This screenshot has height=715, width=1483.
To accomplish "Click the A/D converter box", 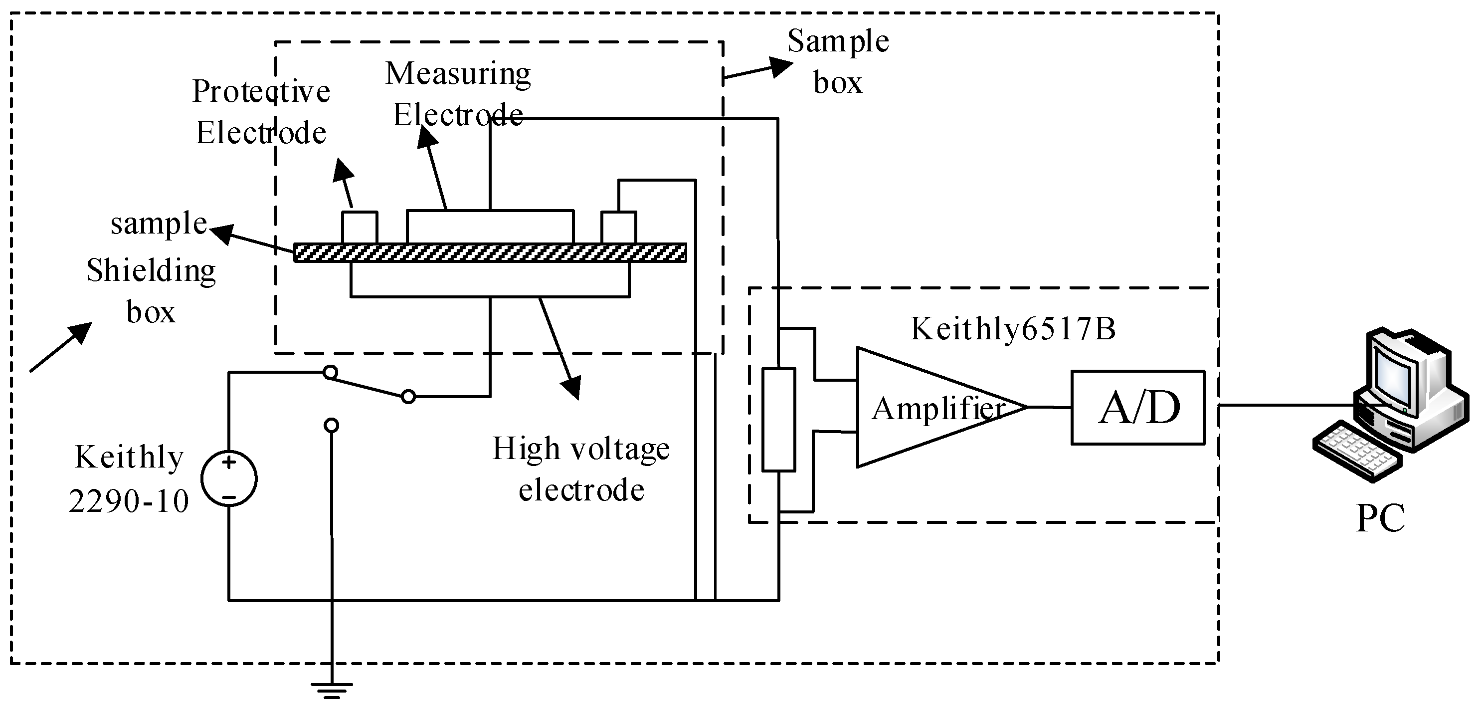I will pos(1137,407).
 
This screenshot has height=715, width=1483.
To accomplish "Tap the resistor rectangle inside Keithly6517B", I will pos(778,420).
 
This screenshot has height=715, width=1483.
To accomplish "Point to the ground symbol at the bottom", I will pos(332,690).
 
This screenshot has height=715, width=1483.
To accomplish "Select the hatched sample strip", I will pos(490,253).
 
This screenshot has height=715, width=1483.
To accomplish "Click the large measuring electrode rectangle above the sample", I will pos(490,227).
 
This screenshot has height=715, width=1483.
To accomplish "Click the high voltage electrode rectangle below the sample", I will pos(490,280).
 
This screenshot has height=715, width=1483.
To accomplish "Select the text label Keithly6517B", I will pos(1013,329).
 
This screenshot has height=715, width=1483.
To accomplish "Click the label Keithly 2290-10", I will pos(129,479).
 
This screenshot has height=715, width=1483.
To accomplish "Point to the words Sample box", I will pos(838,62).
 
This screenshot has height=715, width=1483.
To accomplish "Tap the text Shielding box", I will pos(151,291).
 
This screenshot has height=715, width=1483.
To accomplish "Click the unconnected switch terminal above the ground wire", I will pos(331,426).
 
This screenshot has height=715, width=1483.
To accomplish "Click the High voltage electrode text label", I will pos(581,469).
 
